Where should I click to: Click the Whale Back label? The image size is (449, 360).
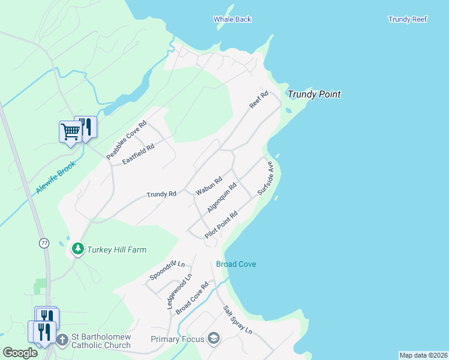232,19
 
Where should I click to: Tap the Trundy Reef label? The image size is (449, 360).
408,19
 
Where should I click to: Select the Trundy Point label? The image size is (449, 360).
314,94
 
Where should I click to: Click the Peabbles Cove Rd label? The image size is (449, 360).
127,141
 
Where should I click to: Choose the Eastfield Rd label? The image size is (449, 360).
138,154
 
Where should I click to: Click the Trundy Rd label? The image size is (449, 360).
161,194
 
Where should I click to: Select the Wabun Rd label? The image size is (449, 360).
209,186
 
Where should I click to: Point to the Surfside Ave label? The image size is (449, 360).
265,178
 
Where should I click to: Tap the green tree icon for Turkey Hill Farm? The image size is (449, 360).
77,248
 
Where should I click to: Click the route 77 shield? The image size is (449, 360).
44,243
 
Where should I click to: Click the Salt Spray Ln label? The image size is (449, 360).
238,320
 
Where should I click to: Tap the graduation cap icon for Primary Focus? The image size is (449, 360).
212,339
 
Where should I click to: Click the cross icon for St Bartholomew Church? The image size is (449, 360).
62,340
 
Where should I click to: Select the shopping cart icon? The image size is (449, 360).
70,131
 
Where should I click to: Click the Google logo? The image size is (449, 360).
20,353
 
